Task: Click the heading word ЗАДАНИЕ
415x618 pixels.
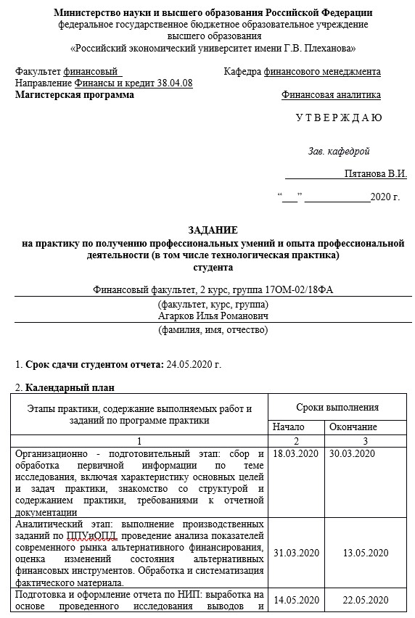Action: (213, 229)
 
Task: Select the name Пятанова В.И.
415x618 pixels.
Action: (375, 174)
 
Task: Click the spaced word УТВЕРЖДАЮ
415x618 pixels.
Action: (339, 118)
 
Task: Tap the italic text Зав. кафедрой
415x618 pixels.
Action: (339, 151)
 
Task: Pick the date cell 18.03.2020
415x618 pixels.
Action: (295, 453)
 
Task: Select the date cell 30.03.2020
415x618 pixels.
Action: (353, 453)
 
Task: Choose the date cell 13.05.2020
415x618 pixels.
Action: (365, 553)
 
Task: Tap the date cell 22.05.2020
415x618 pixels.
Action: (365, 600)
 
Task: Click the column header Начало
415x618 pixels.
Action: (289, 427)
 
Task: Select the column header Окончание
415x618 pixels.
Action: (353, 427)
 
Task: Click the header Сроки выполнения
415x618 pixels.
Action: (337, 407)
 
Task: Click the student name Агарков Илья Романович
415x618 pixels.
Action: (213, 316)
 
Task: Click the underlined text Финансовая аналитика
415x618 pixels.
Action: (331, 95)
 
